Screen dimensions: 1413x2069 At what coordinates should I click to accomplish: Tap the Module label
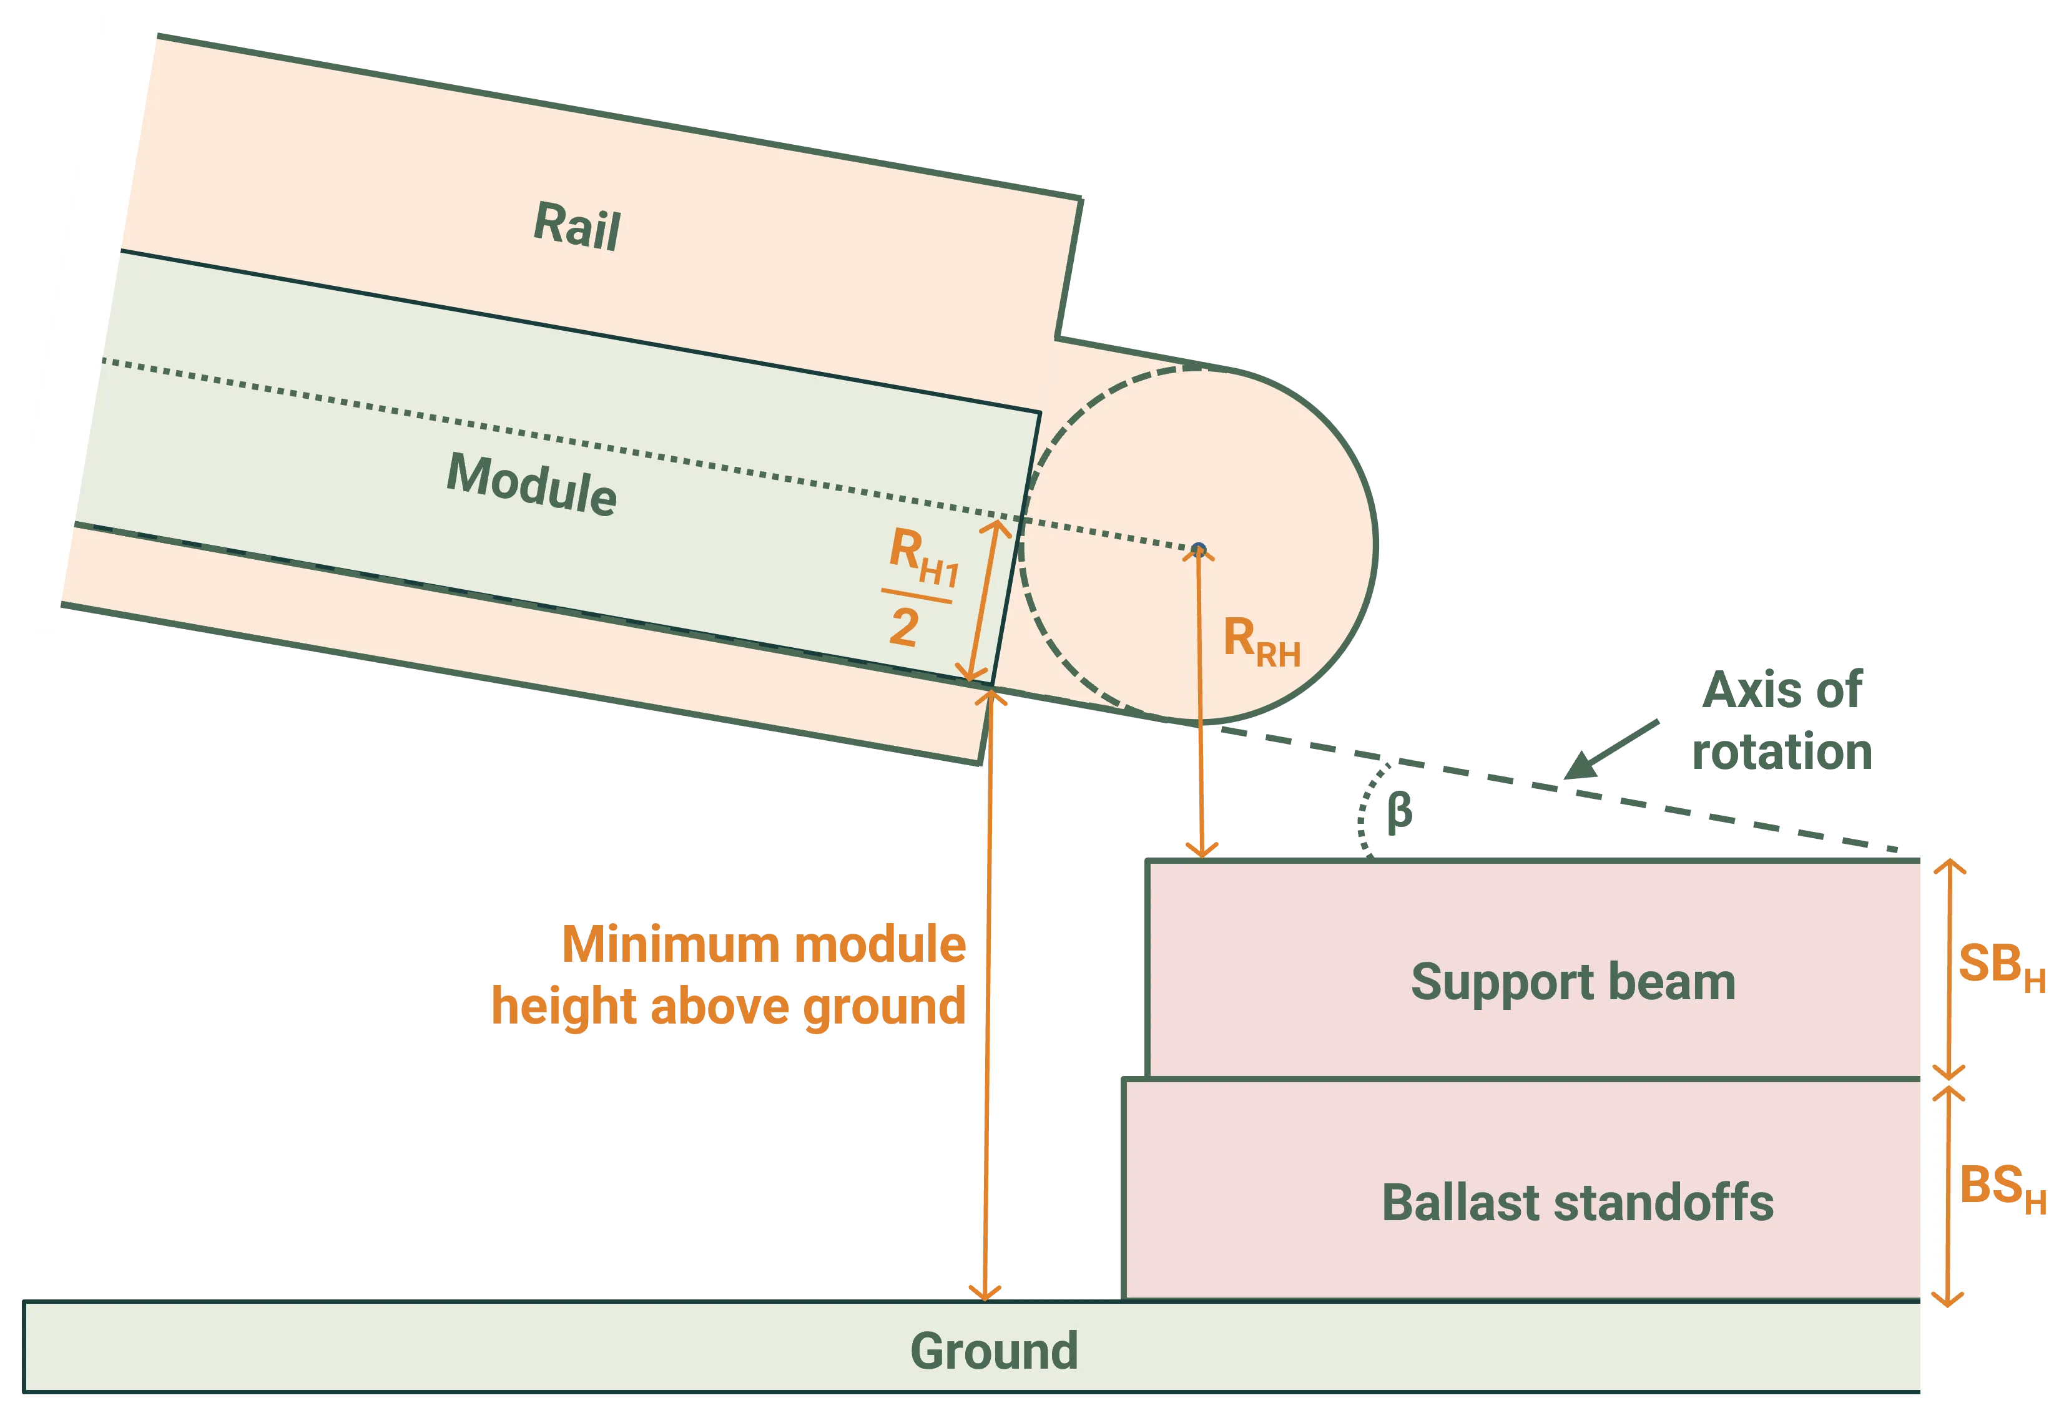[531, 484]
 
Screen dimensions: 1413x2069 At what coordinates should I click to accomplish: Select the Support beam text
[1573, 982]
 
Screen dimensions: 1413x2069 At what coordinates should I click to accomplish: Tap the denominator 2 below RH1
[903, 628]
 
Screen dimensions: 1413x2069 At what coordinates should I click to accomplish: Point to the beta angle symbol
[1400, 811]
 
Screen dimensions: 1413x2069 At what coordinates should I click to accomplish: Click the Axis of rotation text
[1782, 721]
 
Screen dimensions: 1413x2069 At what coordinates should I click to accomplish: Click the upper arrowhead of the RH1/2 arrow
[997, 527]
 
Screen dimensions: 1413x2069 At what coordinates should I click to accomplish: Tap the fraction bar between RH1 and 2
[917, 595]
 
